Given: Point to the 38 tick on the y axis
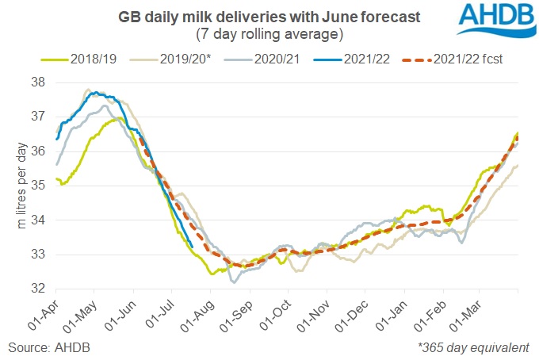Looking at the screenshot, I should pos(38,82).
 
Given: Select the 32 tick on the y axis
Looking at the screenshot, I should pos(38,289).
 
